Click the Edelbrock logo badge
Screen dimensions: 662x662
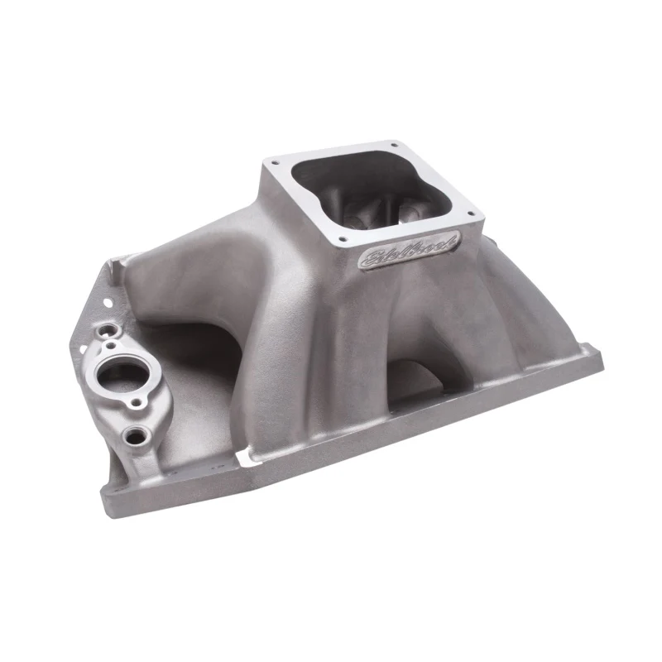(409, 249)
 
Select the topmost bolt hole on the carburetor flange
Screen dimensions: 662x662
(394, 146)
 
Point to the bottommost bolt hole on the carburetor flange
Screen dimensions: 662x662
(343, 239)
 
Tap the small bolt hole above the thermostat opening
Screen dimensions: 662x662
(111, 346)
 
